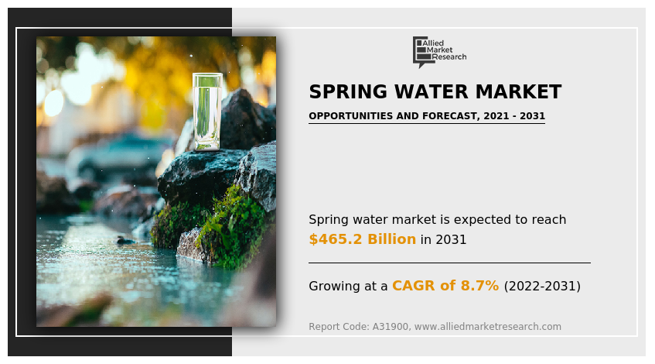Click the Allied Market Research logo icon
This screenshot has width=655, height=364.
[x=421, y=51]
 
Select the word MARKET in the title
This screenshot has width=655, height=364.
[x=518, y=92]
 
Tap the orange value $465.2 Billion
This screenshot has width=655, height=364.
[x=362, y=239]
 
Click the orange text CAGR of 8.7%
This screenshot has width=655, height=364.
[x=445, y=286]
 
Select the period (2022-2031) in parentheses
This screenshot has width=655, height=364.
[x=541, y=286]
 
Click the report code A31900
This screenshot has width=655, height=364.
[x=391, y=327]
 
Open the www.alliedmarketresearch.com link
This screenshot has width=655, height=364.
[x=488, y=327]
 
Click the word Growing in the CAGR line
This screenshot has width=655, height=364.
[x=336, y=286]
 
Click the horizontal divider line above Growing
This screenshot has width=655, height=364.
[x=449, y=263]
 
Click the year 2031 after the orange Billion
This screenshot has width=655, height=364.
[x=451, y=240]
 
